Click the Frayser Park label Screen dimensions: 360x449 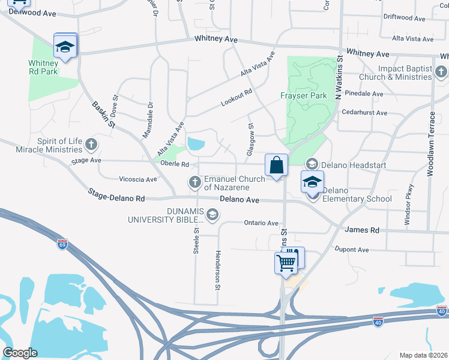point(304,95)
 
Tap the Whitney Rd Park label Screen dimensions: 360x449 point(43,67)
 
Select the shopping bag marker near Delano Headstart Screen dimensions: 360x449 point(276,166)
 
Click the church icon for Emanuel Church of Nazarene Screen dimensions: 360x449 point(194,181)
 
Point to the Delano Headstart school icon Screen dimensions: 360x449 point(312,164)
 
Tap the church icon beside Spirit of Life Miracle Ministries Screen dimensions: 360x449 point(91,144)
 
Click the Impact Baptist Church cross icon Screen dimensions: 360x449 point(441,73)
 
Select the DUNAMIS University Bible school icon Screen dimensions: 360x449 point(211,214)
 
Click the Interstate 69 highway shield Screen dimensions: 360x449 point(62,244)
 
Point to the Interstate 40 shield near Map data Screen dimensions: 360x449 point(442,310)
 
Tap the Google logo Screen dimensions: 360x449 point(20,353)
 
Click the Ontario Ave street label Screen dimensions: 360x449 point(261,223)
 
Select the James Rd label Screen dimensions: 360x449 point(362,230)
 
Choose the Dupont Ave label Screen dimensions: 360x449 point(351,249)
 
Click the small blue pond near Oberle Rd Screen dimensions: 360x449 point(196,143)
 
